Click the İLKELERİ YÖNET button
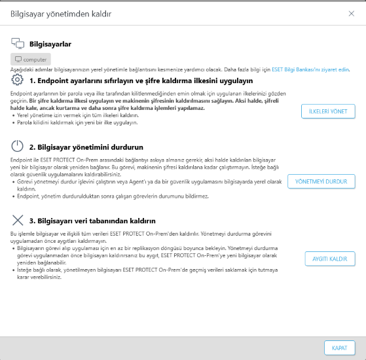[x=327, y=111]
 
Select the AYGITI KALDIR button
[x=329, y=259]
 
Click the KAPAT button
[x=339, y=347]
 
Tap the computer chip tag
[x=31, y=59]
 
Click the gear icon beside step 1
[x=18, y=81]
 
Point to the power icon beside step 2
[x=18, y=147]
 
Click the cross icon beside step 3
[x=18, y=221]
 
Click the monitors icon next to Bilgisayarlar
[x=18, y=44]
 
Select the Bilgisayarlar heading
[x=50, y=44]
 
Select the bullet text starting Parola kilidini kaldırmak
[x=69, y=122]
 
